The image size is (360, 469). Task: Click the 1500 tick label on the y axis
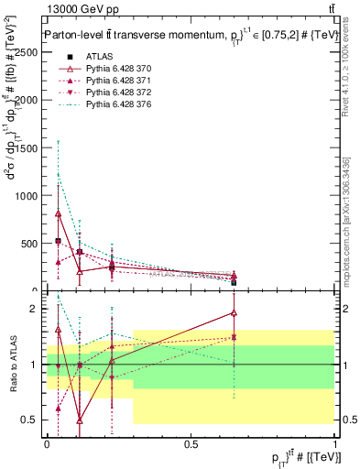pos(27,147)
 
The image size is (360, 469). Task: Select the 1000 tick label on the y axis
pos(27,195)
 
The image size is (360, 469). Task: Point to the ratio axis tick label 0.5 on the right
pos(347,420)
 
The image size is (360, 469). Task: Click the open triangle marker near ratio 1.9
pos(234,313)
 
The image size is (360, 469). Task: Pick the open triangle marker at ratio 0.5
pos(80,420)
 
